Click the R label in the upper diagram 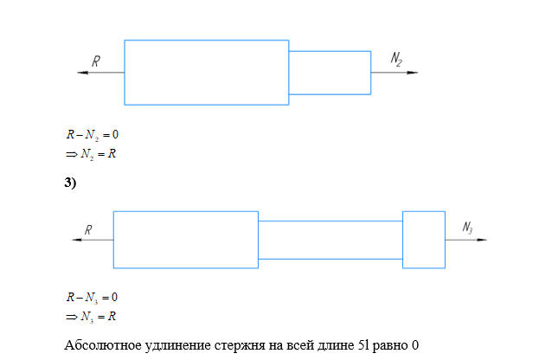96,61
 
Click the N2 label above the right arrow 396,59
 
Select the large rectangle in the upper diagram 206,72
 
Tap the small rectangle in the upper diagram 330,73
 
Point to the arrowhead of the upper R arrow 81,74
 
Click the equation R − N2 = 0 92,136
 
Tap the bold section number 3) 71,183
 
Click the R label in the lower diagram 87,229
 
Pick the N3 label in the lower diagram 467,228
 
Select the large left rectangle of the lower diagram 185,240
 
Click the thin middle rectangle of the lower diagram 330,240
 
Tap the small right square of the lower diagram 424,240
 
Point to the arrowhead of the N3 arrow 480,240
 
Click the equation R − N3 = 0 92,298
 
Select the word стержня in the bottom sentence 250,345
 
